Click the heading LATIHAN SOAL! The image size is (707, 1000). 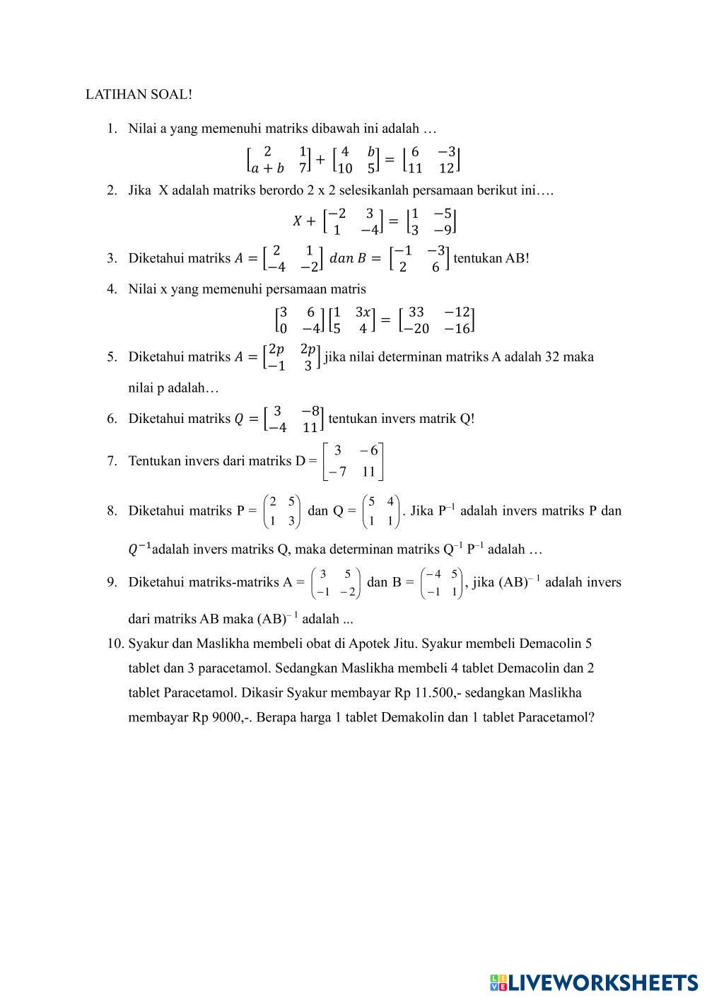pos(139,94)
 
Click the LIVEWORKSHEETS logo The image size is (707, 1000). pos(594,982)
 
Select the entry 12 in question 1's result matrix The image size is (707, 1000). pos(446,168)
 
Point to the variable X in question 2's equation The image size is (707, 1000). pos(298,221)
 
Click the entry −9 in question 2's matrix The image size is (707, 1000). pos(443,230)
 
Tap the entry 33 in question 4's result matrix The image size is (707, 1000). pos(416,312)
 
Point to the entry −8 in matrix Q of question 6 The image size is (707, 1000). pos(311,411)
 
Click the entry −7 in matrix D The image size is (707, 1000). pos(338,472)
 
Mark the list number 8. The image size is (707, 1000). pos(112,511)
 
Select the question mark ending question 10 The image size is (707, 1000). pos(591,717)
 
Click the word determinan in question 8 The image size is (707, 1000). pos(344,549)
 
